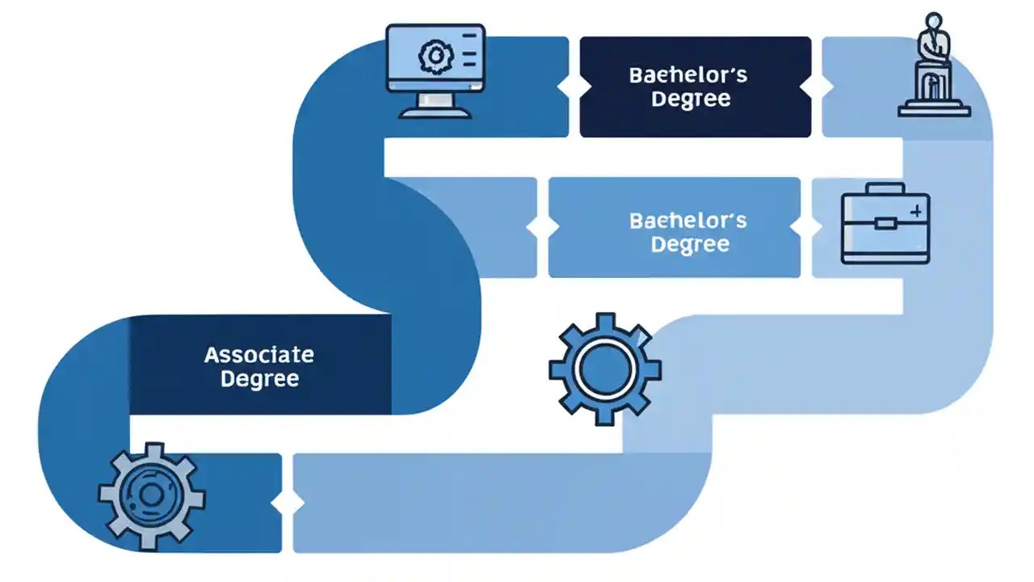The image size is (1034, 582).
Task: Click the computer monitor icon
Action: tap(435, 70)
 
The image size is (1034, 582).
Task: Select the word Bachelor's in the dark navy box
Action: tap(687, 75)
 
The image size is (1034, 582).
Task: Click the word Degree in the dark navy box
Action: tap(691, 99)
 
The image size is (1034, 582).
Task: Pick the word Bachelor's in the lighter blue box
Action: tap(687, 220)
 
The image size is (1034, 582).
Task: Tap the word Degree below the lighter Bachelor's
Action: tap(691, 244)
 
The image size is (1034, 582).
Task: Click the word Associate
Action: tap(258, 354)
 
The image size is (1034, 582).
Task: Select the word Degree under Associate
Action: tap(259, 378)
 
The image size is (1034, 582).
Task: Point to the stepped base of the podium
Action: tap(935, 108)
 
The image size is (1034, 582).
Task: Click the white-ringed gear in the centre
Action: tap(605, 369)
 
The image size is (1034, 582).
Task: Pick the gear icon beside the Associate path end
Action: tap(151, 496)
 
